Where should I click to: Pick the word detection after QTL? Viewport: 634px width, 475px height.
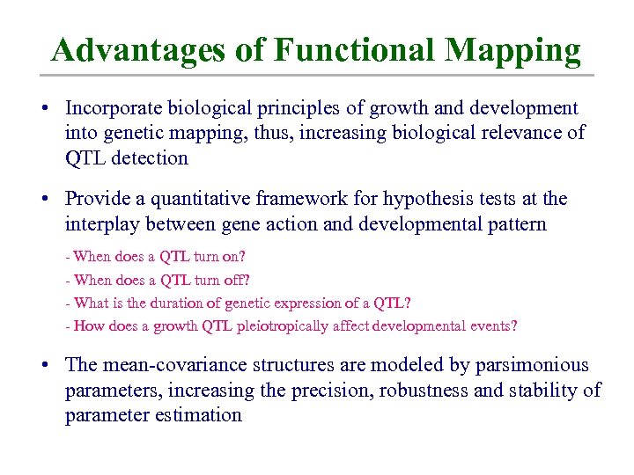(151, 158)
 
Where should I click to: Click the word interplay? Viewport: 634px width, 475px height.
(101, 224)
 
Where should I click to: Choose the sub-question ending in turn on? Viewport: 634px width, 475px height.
(156, 257)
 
